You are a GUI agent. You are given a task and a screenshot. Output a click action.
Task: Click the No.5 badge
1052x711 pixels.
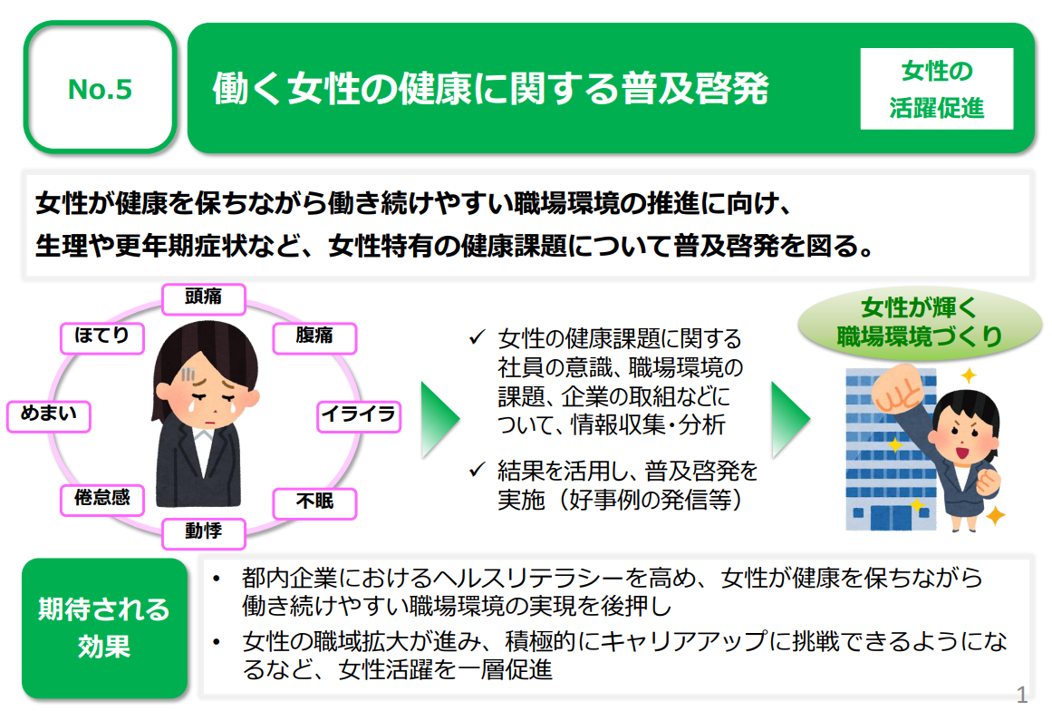tap(100, 88)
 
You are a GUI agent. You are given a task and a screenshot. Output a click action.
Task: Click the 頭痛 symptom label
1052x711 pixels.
tap(203, 297)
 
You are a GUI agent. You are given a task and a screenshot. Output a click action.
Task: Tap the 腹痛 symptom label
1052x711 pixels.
tap(314, 336)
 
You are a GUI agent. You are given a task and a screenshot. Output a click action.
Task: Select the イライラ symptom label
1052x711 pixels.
tap(359, 415)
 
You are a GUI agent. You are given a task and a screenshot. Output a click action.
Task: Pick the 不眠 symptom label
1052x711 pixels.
tap(315, 502)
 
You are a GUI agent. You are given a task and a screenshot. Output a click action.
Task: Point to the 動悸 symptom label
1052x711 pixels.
tap(203, 531)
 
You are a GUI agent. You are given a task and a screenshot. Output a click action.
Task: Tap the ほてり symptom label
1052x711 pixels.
tap(101, 336)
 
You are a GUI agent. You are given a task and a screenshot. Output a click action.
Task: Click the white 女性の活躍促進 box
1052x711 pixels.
tap(937, 88)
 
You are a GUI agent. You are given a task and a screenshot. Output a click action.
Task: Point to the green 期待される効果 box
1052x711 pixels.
tap(104, 627)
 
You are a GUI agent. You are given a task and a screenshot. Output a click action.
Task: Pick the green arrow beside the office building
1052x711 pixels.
tap(788, 419)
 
